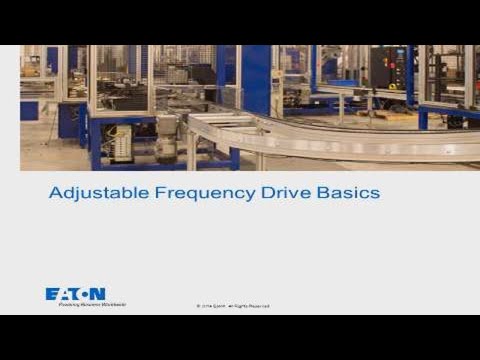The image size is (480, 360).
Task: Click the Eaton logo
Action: [75, 294]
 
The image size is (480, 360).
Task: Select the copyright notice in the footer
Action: [233, 306]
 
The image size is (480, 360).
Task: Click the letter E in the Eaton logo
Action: [52, 294]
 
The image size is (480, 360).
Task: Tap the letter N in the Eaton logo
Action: [98, 294]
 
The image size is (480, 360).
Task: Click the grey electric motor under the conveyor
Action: [165, 140]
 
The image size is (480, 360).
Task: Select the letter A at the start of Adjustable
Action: [55, 191]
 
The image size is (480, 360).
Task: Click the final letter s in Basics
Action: [375, 192]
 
